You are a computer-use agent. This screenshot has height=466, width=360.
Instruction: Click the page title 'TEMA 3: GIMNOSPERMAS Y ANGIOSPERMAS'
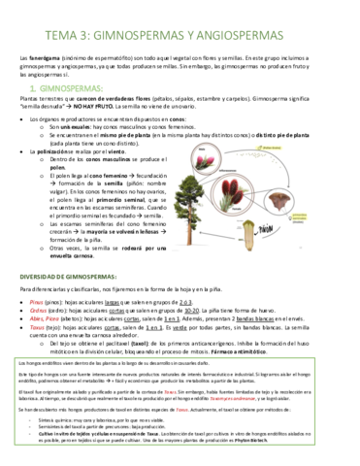pos(180,28)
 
